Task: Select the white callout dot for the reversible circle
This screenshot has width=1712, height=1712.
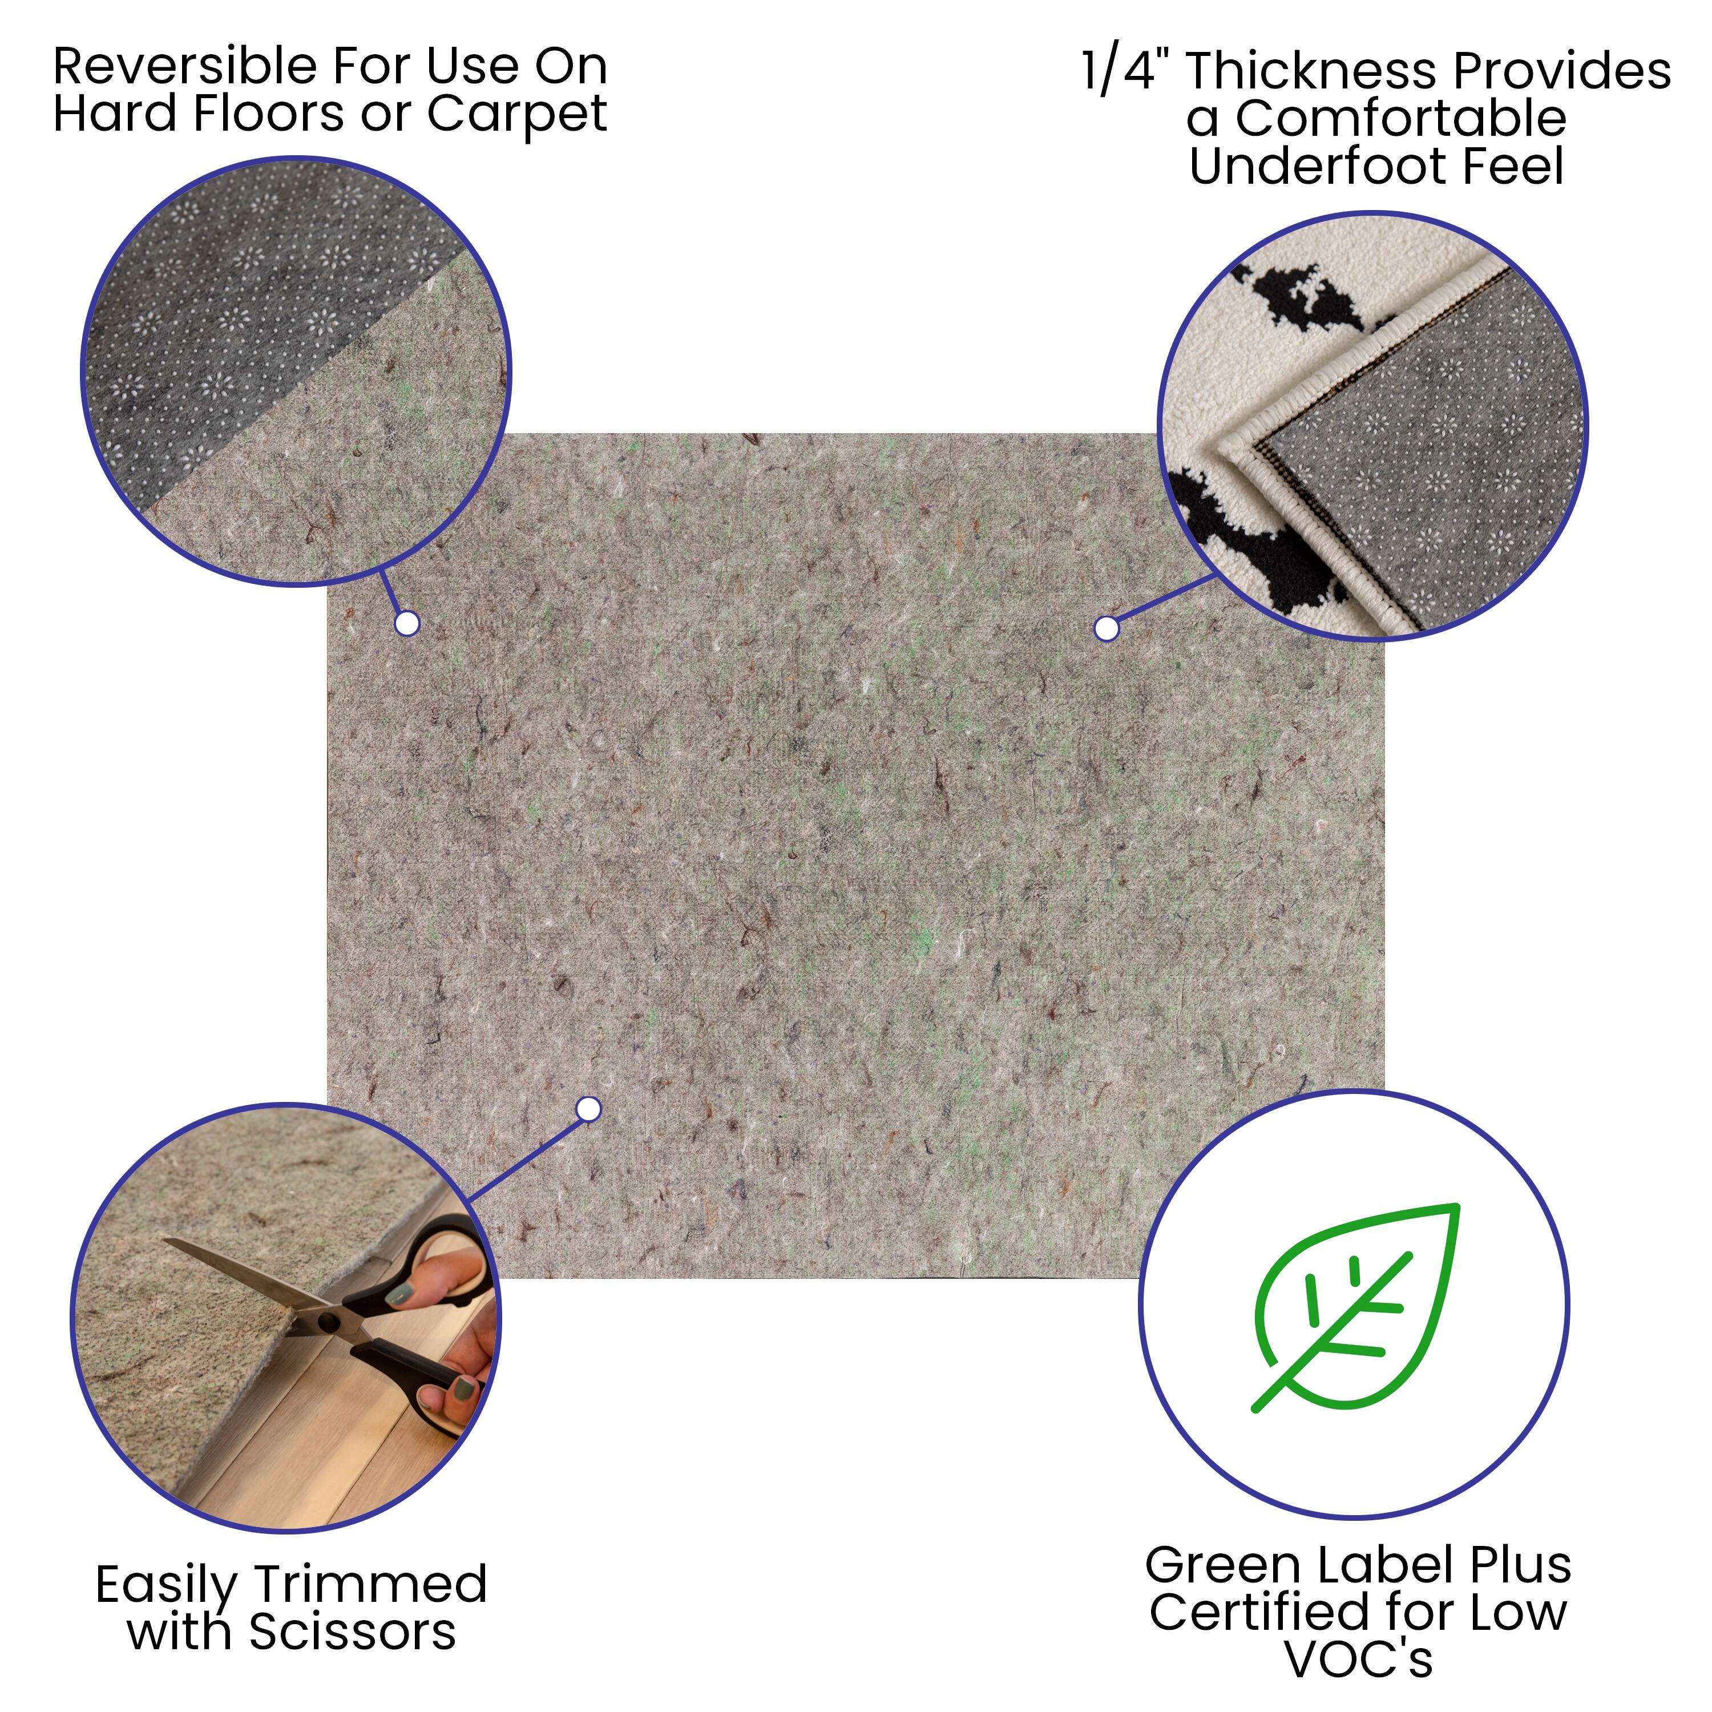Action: click(x=407, y=624)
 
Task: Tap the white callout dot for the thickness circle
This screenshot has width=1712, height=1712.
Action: click(x=1106, y=628)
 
